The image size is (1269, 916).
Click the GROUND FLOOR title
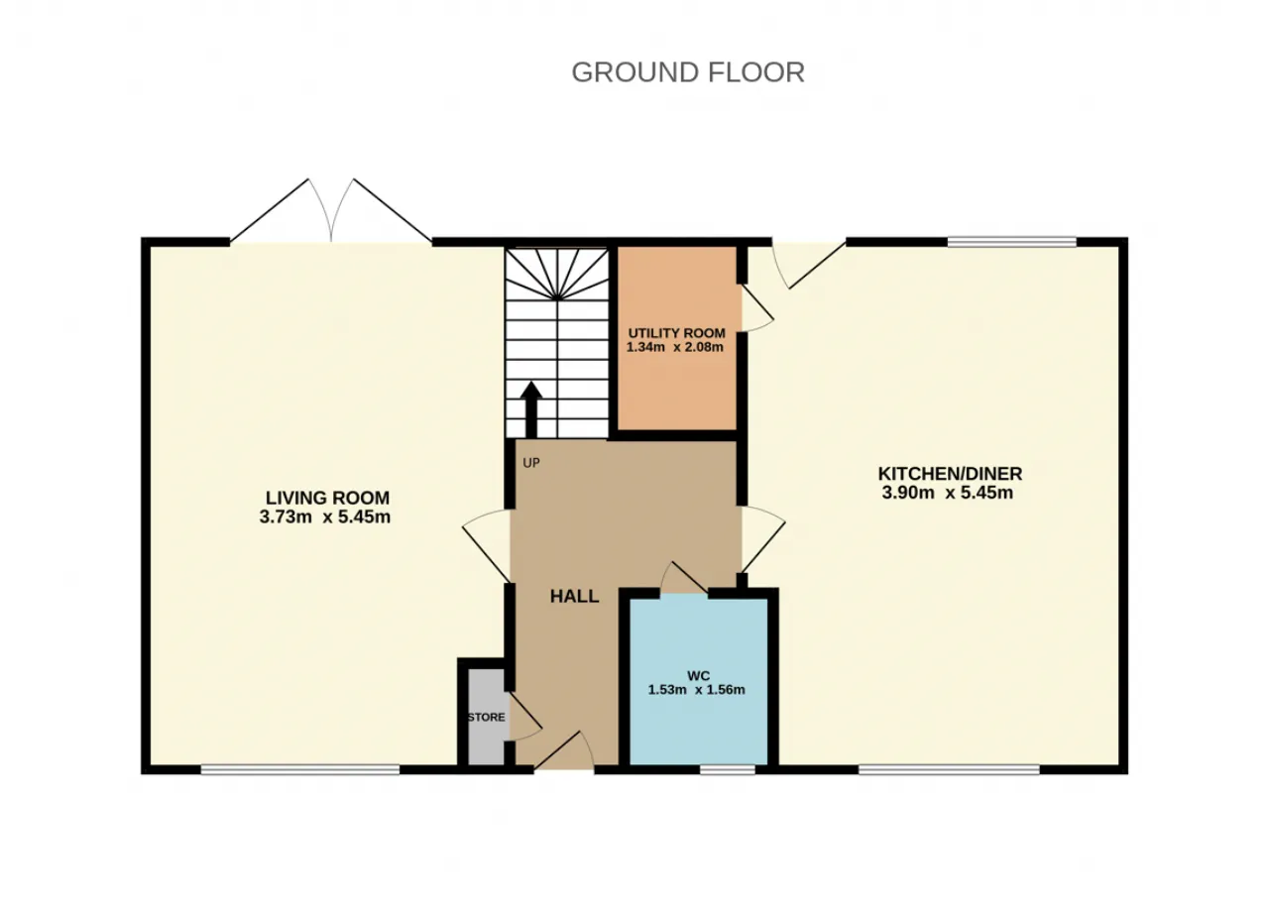[x=688, y=72]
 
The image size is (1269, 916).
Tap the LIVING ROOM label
[x=327, y=498]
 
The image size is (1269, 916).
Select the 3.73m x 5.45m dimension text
[x=324, y=516]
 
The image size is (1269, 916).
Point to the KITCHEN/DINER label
[x=950, y=474]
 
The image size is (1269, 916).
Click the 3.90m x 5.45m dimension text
[x=947, y=493]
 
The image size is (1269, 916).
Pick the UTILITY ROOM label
[x=676, y=333]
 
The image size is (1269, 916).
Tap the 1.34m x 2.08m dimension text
[x=675, y=347]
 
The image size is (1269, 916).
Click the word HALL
[x=574, y=596]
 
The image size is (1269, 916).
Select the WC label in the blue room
[x=699, y=676]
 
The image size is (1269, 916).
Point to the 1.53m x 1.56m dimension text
[x=696, y=690]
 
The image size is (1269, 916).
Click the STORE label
[x=486, y=717]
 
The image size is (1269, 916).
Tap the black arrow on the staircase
[x=530, y=409]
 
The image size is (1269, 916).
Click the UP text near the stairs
[x=530, y=463]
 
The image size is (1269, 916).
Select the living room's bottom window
[x=300, y=769]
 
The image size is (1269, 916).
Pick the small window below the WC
[x=728, y=769]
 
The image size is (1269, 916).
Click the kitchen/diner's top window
[x=1012, y=243]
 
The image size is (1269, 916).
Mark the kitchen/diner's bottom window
[x=949, y=769]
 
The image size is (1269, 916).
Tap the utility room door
[x=757, y=308]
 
